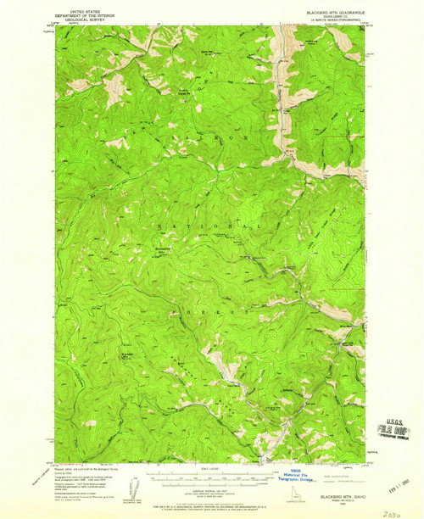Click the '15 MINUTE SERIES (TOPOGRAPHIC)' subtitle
point(324,21)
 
